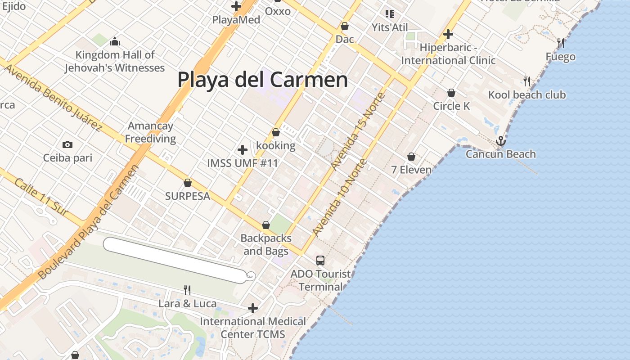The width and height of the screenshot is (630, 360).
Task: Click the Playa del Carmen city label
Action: click(x=262, y=80)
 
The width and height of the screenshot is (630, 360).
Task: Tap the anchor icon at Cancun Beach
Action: click(x=500, y=141)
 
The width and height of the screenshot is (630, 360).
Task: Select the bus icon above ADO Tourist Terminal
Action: click(x=320, y=260)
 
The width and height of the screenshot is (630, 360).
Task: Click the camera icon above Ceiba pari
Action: click(x=67, y=144)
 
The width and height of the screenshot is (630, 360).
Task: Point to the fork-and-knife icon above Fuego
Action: click(x=560, y=43)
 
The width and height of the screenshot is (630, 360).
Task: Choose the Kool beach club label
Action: click(x=526, y=95)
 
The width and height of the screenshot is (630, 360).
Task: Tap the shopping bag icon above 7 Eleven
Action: click(x=411, y=157)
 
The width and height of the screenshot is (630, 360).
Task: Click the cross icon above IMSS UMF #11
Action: click(x=243, y=149)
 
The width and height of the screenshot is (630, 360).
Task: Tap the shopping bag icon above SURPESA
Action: click(x=188, y=183)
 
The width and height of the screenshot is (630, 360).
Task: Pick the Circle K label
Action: click(x=451, y=106)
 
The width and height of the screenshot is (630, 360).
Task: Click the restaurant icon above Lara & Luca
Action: click(x=187, y=290)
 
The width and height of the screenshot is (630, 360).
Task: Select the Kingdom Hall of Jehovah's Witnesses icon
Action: click(x=115, y=42)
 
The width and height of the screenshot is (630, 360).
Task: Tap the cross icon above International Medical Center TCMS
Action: click(x=253, y=308)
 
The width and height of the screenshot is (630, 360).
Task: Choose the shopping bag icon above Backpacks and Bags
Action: click(x=265, y=225)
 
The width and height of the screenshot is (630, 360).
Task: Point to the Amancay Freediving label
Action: click(x=150, y=132)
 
